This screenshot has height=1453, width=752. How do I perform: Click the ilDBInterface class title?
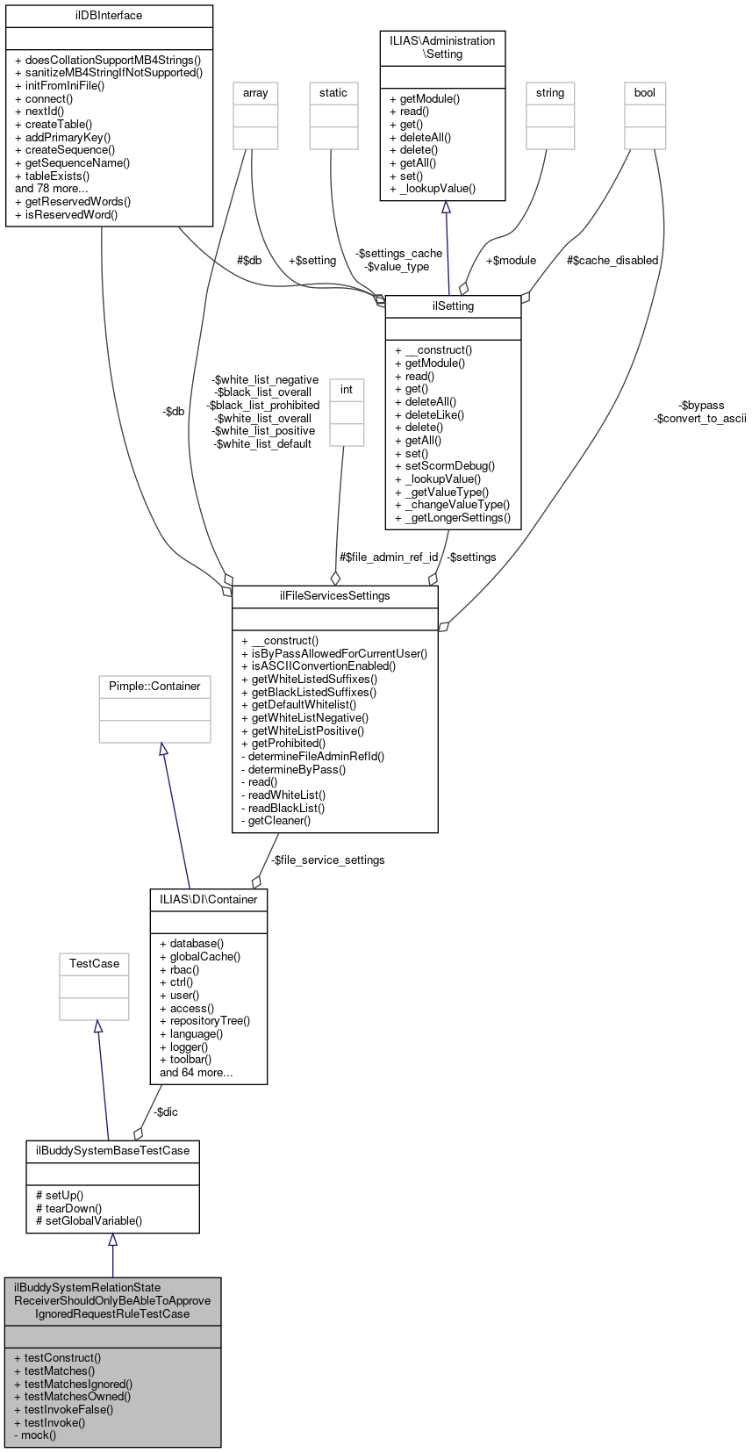[x=109, y=15]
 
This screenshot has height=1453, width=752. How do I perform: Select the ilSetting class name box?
[x=453, y=306]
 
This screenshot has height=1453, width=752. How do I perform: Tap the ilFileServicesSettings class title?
[x=334, y=595]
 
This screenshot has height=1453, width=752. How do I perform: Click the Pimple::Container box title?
[x=154, y=686]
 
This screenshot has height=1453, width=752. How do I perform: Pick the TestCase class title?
[x=94, y=963]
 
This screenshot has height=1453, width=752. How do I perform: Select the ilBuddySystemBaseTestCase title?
[x=112, y=1150]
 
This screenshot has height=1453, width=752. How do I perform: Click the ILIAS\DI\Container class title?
[x=209, y=899]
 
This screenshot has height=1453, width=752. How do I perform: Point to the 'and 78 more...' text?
[x=52, y=188]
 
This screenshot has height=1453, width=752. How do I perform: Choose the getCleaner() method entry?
[x=276, y=820]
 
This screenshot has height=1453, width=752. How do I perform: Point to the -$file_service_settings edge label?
[x=327, y=860]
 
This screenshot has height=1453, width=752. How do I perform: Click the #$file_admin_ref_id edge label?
[x=388, y=557]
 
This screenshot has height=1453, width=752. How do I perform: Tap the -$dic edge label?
[x=165, y=1111]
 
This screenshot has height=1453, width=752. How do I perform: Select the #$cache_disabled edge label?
[x=612, y=260]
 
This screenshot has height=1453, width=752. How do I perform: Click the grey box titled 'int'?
[x=346, y=389]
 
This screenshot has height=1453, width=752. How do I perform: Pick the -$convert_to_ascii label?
[x=699, y=418]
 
